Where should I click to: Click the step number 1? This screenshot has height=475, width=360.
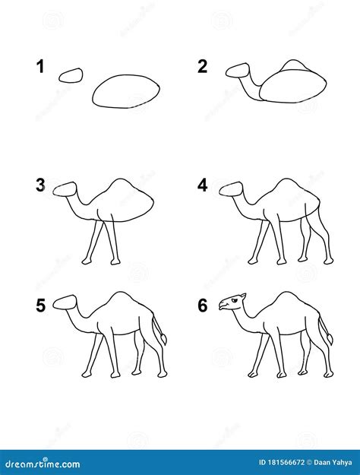tap(39, 67)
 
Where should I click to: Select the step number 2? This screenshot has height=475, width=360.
tap(203, 67)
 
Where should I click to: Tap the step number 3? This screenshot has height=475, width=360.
tap(40, 185)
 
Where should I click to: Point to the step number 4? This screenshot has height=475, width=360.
tap(203, 185)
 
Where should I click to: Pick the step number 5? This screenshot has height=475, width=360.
tap(40, 306)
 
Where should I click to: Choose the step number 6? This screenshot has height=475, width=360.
tap(203, 306)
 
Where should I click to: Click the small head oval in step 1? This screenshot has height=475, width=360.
tap(71, 74)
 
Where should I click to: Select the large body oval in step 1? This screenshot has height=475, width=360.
tap(126, 90)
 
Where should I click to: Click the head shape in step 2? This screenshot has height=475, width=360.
tap(238, 70)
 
